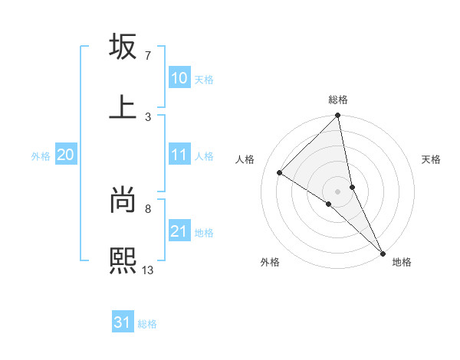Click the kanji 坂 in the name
click(x=123, y=47)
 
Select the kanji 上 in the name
click(x=123, y=107)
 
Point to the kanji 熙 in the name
click(x=123, y=260)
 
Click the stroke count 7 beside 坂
click(x=148, y=56)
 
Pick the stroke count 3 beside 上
click(x=148, y=116)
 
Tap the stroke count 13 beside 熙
click(x=149, y=270)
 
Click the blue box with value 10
click(x=179, y=78)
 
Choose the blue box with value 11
click(x=179, y=155)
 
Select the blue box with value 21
click(x=179, y=231)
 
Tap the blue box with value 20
click(x=66, y=155)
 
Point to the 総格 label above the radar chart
click(x=338, y=100)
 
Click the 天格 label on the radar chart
click(x=432, y=159)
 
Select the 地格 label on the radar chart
click(x=402, y=262)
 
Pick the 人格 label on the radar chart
click(x=246, y=159)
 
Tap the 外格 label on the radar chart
click(x=270, y=262)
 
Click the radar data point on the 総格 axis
click(x=338, y=116)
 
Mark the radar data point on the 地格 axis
click(x=383, y=252)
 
